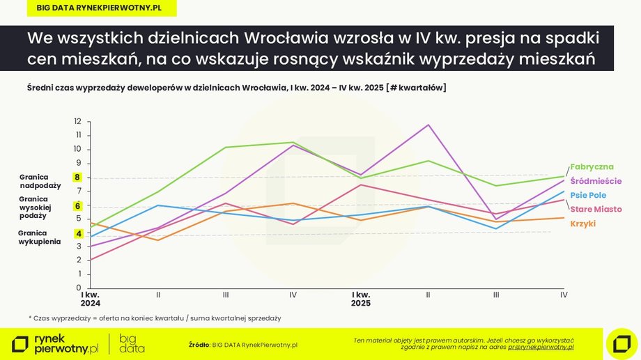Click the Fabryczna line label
(592, 167)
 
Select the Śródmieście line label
(596, 181)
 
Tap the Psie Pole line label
(587, 196)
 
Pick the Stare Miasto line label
(596, 209)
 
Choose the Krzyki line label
(582, 224)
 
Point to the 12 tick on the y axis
(78, 121)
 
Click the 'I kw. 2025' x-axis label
(361, 299)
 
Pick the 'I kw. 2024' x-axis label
(91, 299)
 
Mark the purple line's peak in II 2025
(428, 125)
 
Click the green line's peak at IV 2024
(293, 143)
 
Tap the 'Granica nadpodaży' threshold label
(40, 182)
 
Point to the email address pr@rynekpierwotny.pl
(541, 347)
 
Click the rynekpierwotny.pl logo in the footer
(56, 343)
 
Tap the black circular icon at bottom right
(621, 343)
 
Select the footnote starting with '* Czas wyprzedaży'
(155, 318)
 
